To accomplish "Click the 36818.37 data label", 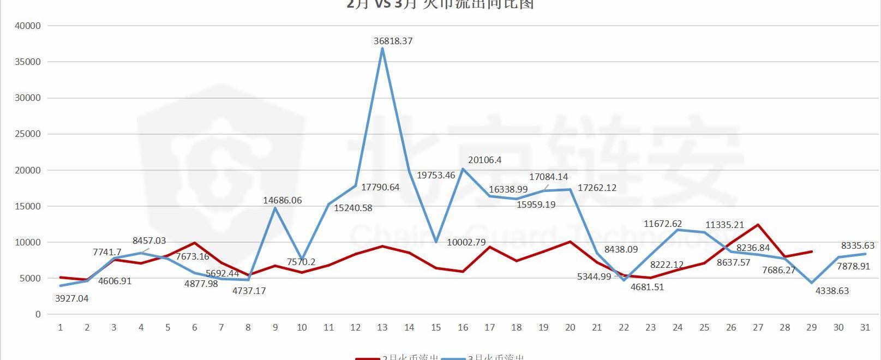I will pos(393,41).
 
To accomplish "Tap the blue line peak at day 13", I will pos(382,49).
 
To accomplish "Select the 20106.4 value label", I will pos(484,160).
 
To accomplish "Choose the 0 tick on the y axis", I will pos(38,314).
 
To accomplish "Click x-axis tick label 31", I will pos(865,327).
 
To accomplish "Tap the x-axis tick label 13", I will pos(382,327).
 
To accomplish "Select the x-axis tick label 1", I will pos(60,327).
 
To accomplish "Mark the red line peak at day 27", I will pos(758,225).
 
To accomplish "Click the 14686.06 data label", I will pos(282,200).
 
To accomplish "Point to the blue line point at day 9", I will pos(275,208).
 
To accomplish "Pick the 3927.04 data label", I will pos(71,298).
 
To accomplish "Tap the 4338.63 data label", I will pos(832,291).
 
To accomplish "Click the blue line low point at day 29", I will pos(812,283).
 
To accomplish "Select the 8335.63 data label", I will pos(858,245).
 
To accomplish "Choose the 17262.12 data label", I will pos(597,188).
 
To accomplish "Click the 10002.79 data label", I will pos(466,242).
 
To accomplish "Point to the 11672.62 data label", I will pos(663,224).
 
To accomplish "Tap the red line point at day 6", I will pos(194,243).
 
